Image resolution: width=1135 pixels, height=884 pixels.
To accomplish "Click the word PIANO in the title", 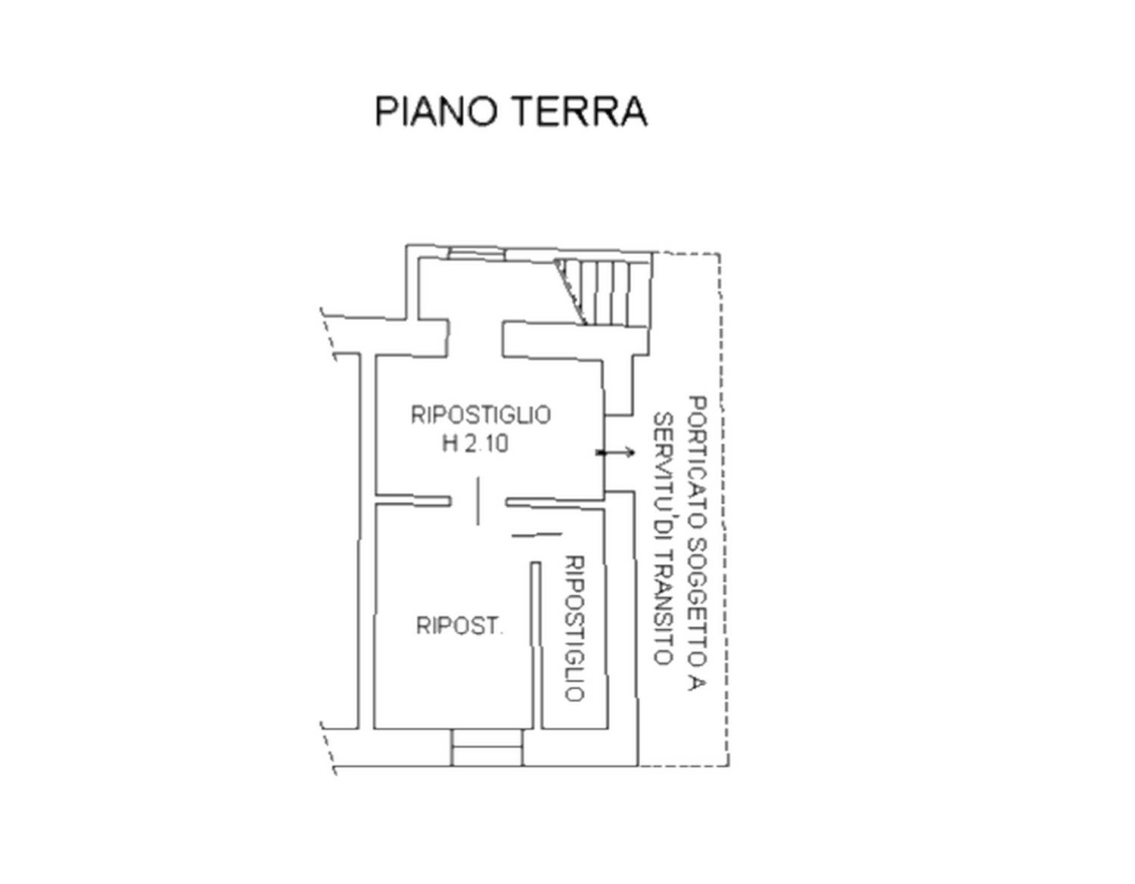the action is (x=434, y=111).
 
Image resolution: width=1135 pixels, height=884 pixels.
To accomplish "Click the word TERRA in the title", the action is (x=578, y=111).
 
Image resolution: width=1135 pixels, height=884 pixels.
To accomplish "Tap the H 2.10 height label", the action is (x=474, y=444).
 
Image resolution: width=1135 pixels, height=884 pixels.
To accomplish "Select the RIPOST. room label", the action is (x=459, y=625).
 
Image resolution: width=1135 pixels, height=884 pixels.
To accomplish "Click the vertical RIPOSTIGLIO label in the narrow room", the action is (x=574, y=628).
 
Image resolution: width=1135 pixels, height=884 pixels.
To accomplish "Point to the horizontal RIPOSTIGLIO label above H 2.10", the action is (x=480, y=415).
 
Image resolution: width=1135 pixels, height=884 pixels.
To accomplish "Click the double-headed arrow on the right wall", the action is (x=615, y=452).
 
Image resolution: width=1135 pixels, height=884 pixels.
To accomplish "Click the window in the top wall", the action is (x=477, y=253).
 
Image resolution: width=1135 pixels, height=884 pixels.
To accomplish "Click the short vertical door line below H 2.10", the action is (x=477, y=501).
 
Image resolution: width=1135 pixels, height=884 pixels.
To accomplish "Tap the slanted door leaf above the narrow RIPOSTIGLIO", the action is (x=536, y=535).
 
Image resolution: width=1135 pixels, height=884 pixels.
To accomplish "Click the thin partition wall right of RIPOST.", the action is (x=536, y=645).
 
